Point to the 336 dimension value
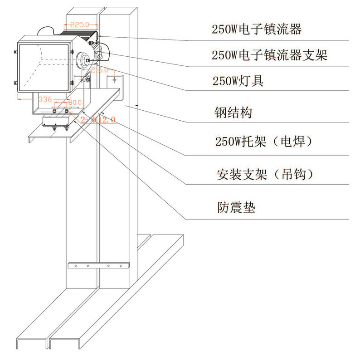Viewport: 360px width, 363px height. pyautogui.click(x=45, y=99)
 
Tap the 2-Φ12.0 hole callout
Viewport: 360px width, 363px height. pyautogui.click(x=98, y=120)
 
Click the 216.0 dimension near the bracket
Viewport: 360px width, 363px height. pyautogui.click(x=99, y=70)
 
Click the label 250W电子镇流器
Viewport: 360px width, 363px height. pyautogui.click(x=257, y=30)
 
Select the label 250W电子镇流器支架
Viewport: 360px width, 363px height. pyautogui.click(x=269, y=56)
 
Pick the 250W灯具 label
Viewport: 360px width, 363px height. pyautogui.click(x=238, y=82)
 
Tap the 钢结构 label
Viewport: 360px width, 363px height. pyautogui.click(x=233, y=113)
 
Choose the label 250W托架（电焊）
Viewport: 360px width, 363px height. pyautogui.click(x=264, y=142)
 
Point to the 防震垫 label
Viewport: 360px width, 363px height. pyautogui.click(x=236, y=207)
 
